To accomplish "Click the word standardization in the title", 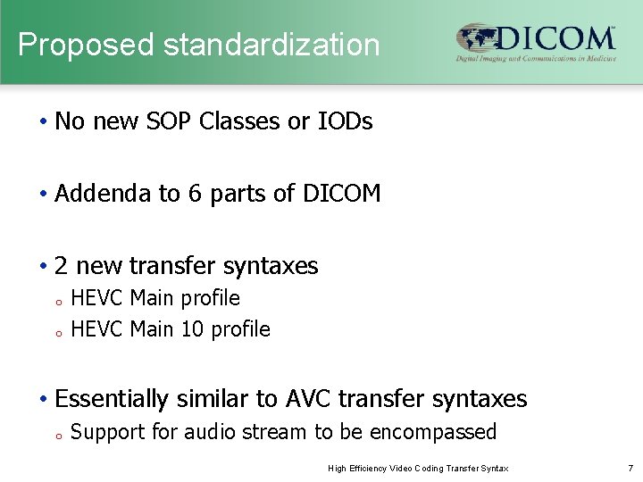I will [x=262, y=45].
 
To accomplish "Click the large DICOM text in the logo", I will [x=555, y=38].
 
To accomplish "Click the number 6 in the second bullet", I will [x=194, y=194].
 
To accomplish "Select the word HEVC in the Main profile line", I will [x=96, y=298].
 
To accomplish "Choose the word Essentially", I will [x=112, y=399].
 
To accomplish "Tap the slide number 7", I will [x=629, y=469].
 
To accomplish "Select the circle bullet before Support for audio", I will [x=56, y=436].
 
